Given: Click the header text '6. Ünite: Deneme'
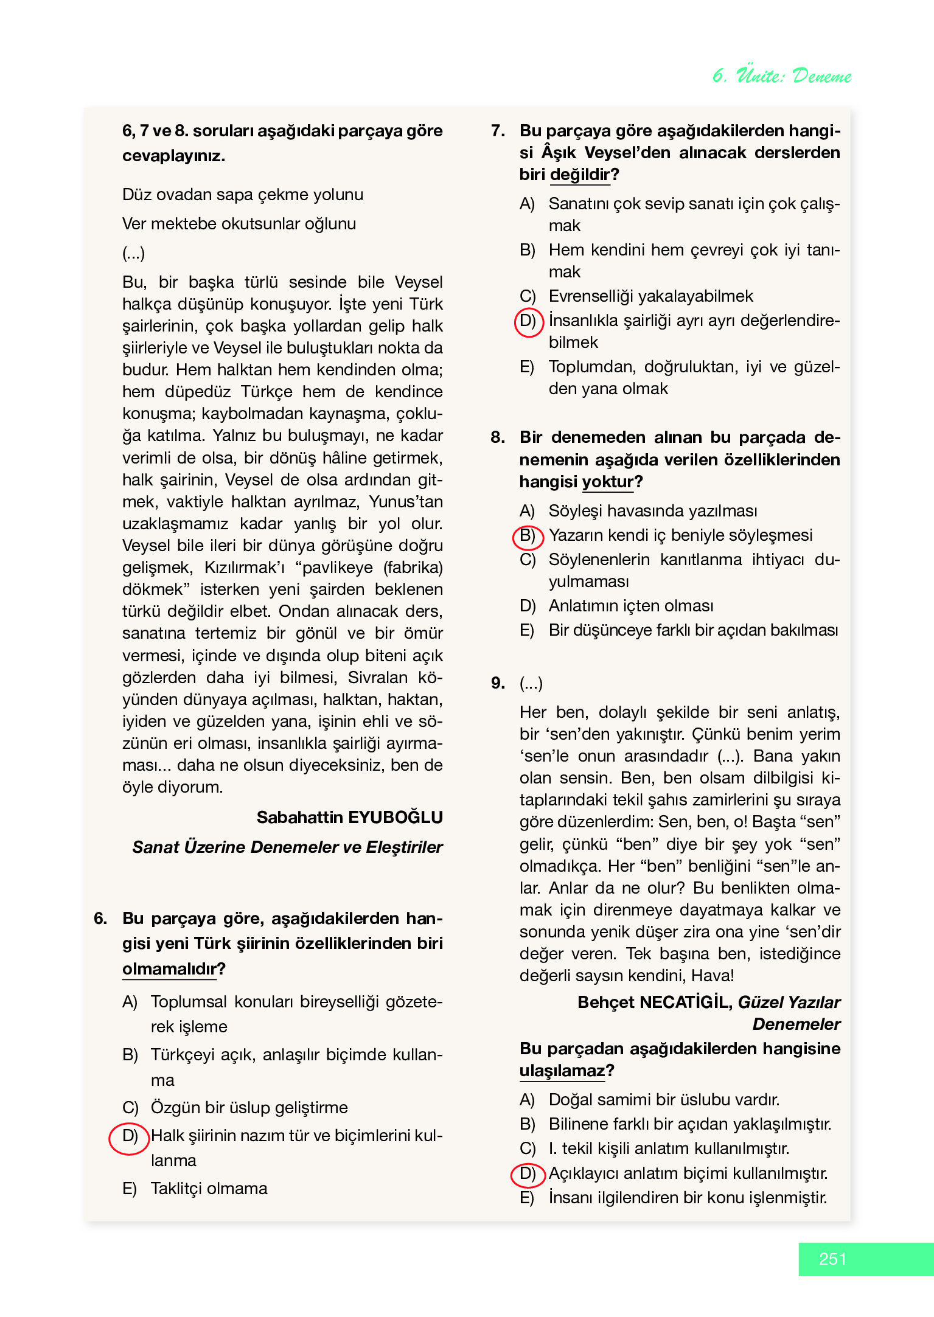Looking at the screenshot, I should point(782,75).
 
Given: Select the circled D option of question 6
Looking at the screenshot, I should point(129,1136).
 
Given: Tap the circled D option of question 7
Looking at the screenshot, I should point(528,321).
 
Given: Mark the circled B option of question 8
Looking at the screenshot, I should point(527,535).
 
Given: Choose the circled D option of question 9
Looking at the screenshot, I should point(527,1173).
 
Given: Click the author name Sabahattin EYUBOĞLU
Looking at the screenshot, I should point(349,817).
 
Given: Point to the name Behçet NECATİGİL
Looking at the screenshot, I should point(654,1002).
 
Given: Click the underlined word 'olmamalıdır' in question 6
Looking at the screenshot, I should point(170,968).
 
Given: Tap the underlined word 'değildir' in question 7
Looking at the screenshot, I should point(579,175).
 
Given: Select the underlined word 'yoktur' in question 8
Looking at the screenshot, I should point(607,482).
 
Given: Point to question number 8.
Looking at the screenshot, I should point(498,437).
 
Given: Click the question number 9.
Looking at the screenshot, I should point(498,683).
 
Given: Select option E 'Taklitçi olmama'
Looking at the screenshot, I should point(209,1188).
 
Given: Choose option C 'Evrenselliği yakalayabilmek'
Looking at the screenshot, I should point(650,296).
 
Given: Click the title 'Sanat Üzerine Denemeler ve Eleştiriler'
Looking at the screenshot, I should point(287,847).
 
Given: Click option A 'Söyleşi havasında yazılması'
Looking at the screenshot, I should point(652,511).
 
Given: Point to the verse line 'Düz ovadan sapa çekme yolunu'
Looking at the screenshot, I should point(242,195).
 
